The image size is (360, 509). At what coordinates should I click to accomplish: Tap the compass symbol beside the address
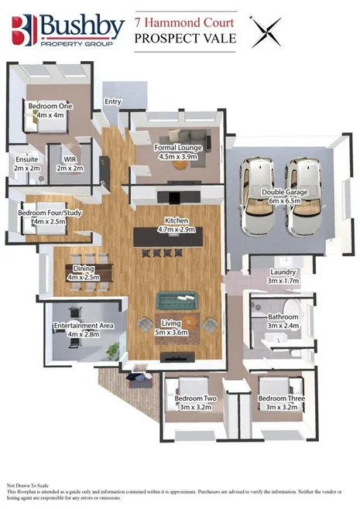tap(266, 32)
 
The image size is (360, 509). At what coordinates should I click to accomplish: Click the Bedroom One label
tap(46, 104)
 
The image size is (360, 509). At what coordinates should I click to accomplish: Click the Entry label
tap(113, 101)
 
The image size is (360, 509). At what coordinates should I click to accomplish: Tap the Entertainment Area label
tap(84, 326)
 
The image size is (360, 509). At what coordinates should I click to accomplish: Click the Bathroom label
tap(283, 316)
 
